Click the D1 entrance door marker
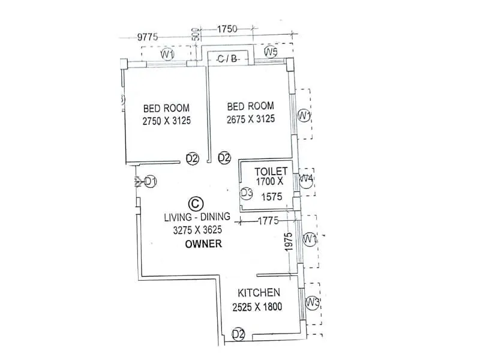pos(150,181)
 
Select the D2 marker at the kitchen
pos(238,334)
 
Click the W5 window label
pos(271,53)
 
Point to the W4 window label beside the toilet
pos(307,178)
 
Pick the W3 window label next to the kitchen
pos(311,301)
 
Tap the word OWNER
pos(203,244)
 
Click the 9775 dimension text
pos(148,37)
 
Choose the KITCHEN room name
pos(259,293)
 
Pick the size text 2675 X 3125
pos(250,119)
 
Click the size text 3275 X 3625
pos(193,230)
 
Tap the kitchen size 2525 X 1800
pos(257,307)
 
